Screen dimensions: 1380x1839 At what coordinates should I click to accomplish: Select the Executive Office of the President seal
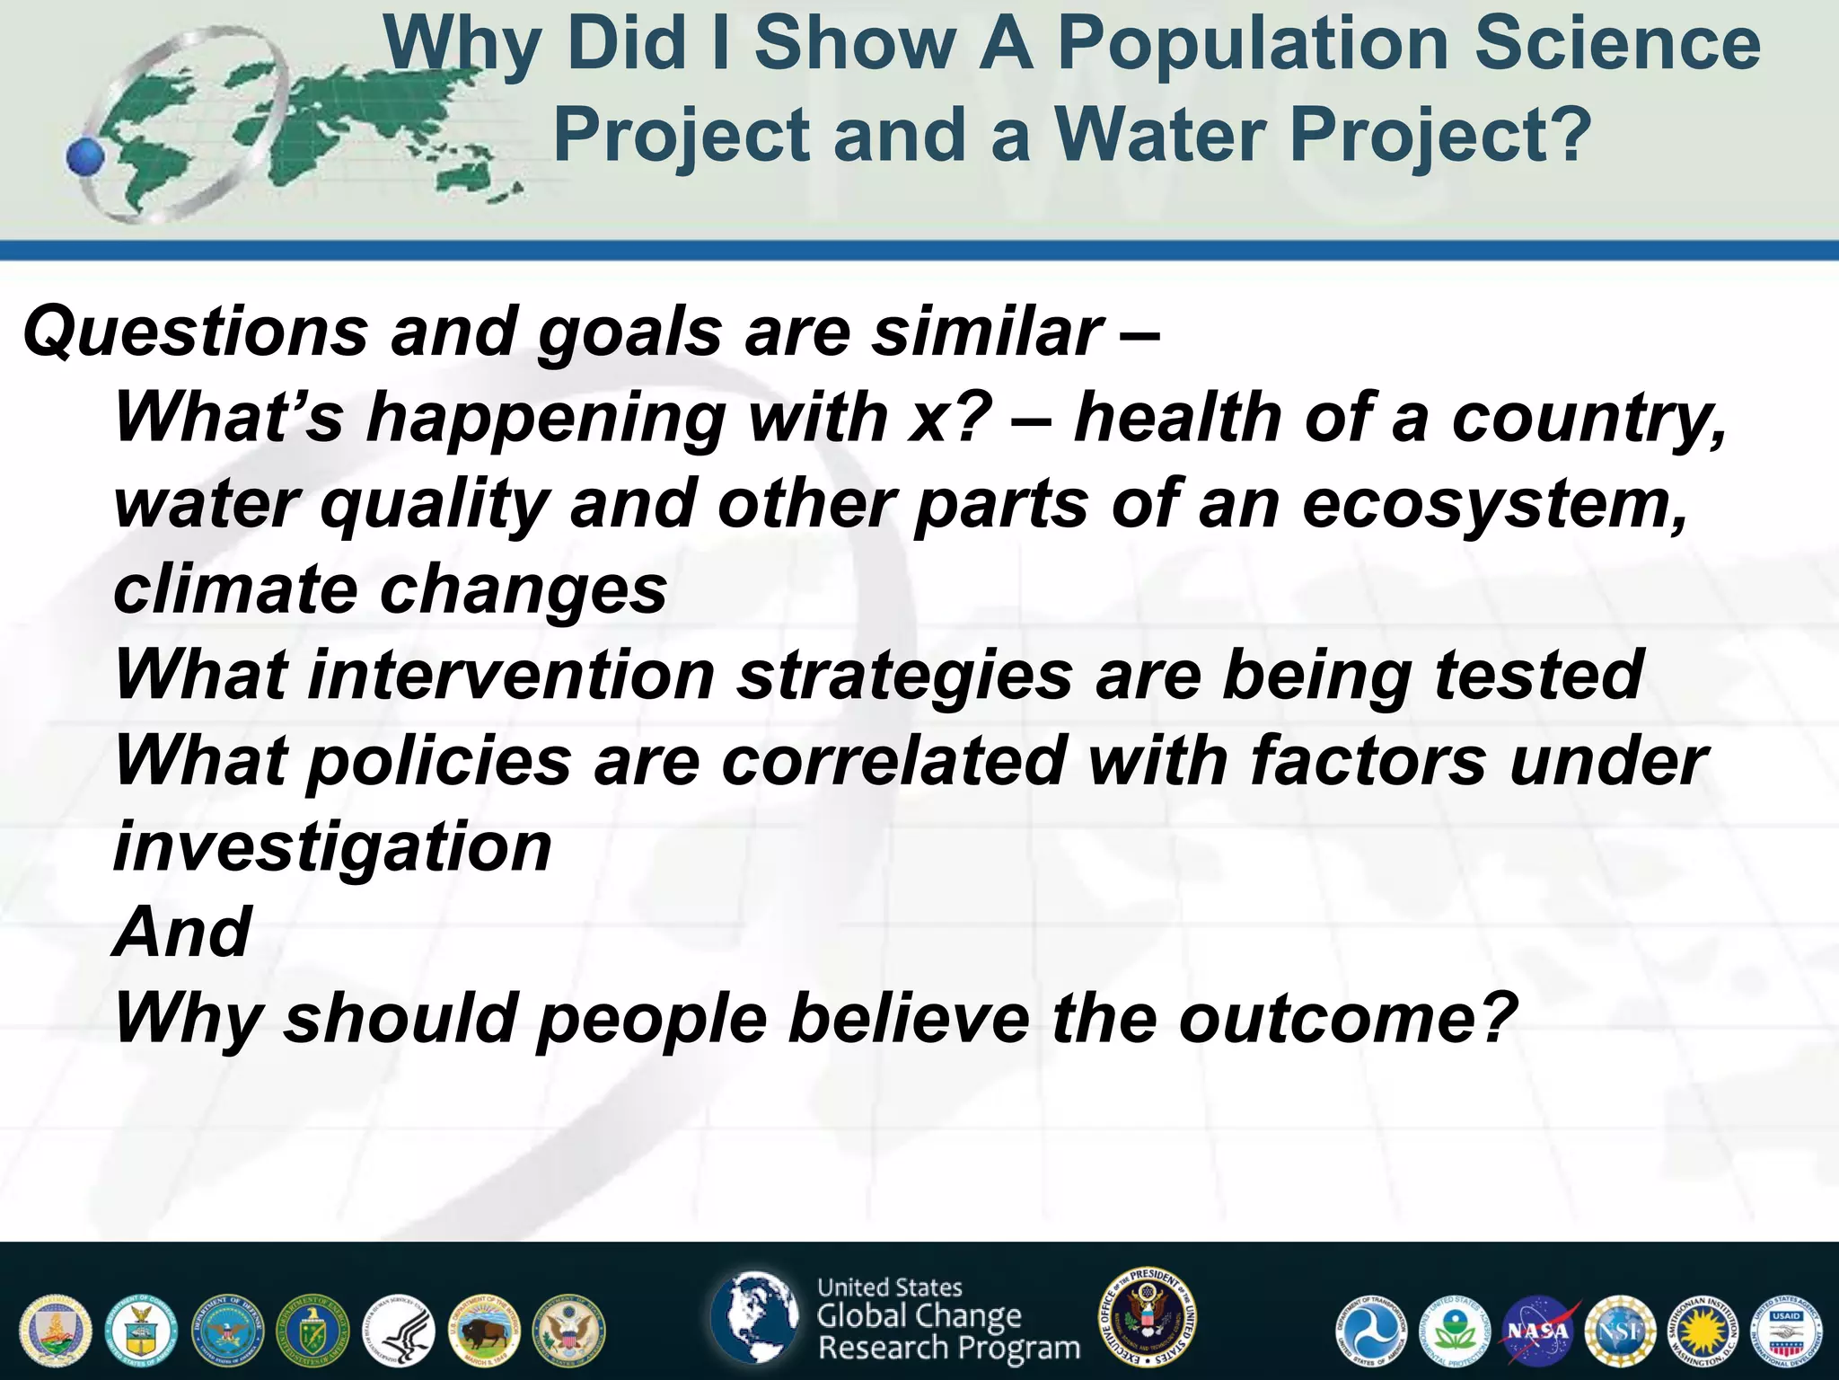tap(1148, 1317)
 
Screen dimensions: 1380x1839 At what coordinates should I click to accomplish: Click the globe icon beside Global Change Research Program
tap(754, 1317)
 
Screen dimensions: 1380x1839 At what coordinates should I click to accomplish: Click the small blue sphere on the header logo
tap(86, 157)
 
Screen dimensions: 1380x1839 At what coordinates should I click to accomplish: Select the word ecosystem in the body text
tap(1494, 505)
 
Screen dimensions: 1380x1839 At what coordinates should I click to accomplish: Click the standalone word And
tap(182, 933)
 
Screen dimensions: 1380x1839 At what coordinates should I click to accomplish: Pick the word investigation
tap(332, 847)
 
